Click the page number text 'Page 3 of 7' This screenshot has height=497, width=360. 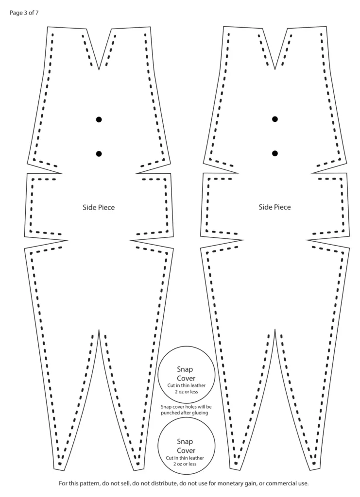(x=24, y=13)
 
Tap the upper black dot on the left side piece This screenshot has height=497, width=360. (x=99, y=119)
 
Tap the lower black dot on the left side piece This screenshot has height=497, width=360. (x=99, y=154)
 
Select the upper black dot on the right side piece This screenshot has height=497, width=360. (x=275, y=119)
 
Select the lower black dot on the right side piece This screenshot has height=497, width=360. (x=275, y=153)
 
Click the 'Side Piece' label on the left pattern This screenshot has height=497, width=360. (x=99, y=207)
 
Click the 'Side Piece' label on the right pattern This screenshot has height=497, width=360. (x=274, y=207)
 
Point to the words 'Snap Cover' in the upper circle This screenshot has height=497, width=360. (x=186, y=374)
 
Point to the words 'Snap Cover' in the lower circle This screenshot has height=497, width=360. (x=186, y=446)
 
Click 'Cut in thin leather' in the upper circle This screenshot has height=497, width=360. (x=187, y=385)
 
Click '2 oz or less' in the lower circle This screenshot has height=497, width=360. (x=185, y=464)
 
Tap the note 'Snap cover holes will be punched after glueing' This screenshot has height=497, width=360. (x=186, y=410)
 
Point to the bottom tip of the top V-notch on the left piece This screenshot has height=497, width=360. (x=99, y=69)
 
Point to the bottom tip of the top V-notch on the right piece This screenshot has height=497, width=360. (x=274, y=69)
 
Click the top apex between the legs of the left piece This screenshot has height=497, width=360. (x=99, y=330)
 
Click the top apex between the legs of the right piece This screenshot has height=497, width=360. (x=275, y=330)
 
